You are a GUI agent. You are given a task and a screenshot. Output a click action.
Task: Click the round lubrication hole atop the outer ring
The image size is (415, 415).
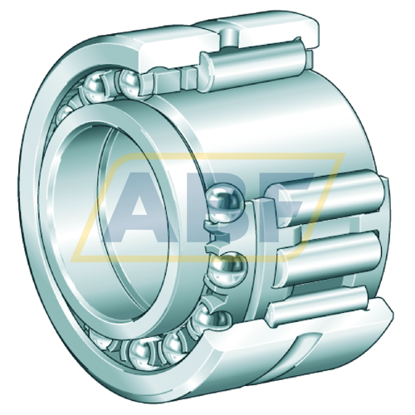[229, 38]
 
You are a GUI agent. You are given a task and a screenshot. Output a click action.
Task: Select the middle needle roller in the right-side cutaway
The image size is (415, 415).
[330, 256]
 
